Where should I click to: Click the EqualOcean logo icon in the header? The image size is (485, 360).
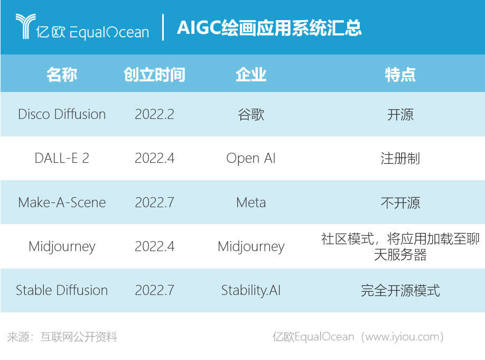tap(25, 26)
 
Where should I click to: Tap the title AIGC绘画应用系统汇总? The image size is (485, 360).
tap(269, 28)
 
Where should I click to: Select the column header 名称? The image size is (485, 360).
tap(62, 75)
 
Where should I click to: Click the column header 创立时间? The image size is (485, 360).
tap(154, 75)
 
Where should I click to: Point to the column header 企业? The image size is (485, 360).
tap(251, 75)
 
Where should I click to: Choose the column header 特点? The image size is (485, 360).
tap(400, 75)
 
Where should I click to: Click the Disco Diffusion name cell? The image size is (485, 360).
tap(62, 114)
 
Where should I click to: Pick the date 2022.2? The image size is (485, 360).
tap(154, 114)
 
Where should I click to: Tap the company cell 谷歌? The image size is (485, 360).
tap(251, 115)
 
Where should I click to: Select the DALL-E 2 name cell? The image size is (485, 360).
tap(62, 158)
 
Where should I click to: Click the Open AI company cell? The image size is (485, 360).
tap(251, 159)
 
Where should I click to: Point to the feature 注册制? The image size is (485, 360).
tap(400, 159)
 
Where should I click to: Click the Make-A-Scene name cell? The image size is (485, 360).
tap(62, 202)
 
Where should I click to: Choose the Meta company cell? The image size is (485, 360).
tap(251, 202)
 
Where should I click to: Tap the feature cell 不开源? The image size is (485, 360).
tap(400, 203)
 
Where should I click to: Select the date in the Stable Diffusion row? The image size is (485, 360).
tap(154, 290)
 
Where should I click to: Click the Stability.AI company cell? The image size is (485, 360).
tap(251, 290)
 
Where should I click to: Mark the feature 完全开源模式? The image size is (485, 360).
tap(400, 291)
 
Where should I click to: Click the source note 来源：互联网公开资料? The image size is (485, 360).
tap(62, 337)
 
